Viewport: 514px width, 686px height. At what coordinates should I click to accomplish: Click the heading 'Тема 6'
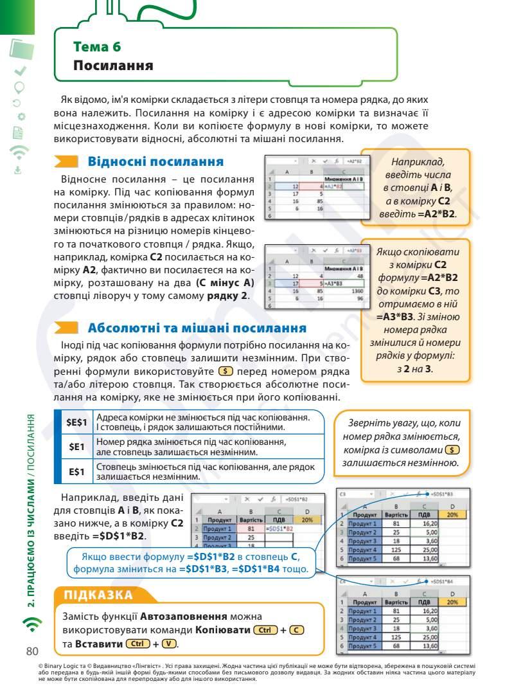97,47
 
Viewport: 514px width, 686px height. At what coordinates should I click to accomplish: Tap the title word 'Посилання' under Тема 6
113,66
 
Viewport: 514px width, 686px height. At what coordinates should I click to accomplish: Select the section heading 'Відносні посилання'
155,161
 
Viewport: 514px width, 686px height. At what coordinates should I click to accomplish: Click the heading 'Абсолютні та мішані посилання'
197,327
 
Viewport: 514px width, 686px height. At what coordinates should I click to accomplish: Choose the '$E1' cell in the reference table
76,447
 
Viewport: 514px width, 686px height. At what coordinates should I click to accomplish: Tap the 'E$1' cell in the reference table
76,472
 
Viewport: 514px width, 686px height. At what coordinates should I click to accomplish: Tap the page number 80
32,651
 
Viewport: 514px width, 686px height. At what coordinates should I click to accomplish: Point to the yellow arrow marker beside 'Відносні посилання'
66,161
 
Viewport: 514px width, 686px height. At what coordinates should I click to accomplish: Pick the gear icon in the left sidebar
21,116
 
